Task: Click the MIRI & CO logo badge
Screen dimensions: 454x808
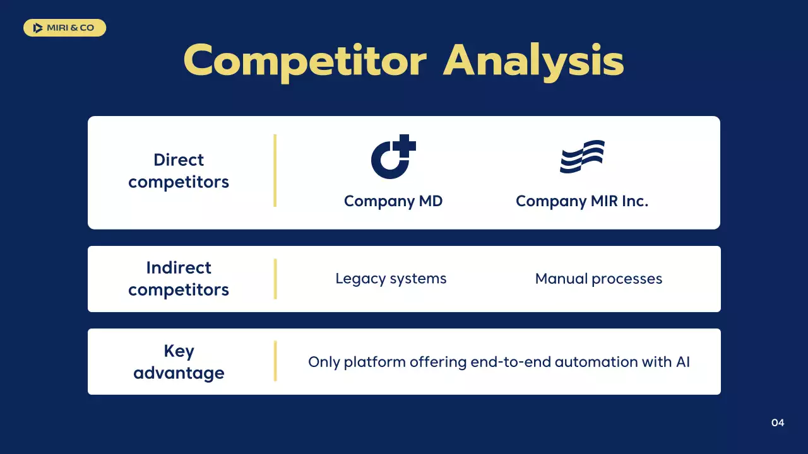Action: pyautogui.click(x=64, y=28)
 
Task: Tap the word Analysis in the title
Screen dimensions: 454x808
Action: pyautogui.click(x=533, y=61)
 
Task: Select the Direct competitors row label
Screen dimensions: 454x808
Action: pyautogui.click(x=179, y=171)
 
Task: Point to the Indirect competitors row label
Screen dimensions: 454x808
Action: pyautogui.click(x=179, y=279)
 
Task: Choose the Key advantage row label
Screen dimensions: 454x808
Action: pyautogui.click(x=179, y=362)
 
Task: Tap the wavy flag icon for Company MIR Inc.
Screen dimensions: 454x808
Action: pyautogui.click(x=582, y=157)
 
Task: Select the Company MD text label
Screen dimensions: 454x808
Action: pyautogui.click(x=393, y=201)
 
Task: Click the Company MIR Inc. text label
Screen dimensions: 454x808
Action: pyautogui.click(x=582, y=201)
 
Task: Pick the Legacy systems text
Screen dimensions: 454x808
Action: pyautogui.click(x=391, y=279)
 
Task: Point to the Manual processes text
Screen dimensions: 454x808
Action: pyautogui.click(x=598, y=279)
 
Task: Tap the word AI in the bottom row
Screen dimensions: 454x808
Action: pyautogui.click(x=682, y=362)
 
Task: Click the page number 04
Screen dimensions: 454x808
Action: pyautogui.click(x=778, y=422)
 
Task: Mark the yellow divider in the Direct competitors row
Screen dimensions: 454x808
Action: pyautogui.click(x=275, y=170)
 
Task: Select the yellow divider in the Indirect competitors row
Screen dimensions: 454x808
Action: pyautogui.click(x=275, y=279)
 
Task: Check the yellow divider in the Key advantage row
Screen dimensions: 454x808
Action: pyautogui.click(x=275, y=361)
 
